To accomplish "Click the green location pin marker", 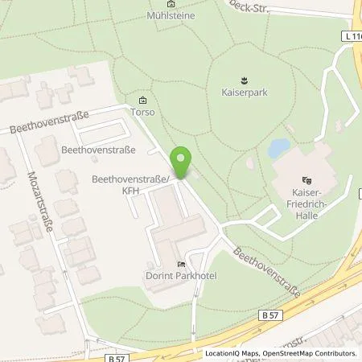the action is coord(183,163).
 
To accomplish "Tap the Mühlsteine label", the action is coord(171,15).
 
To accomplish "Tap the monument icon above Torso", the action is coord(143,100).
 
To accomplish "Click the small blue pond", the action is coord(279,148).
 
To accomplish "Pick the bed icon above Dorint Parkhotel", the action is coord(182,263).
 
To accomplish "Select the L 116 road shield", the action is coord(351,35).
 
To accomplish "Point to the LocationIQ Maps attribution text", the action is coord(233,353).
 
